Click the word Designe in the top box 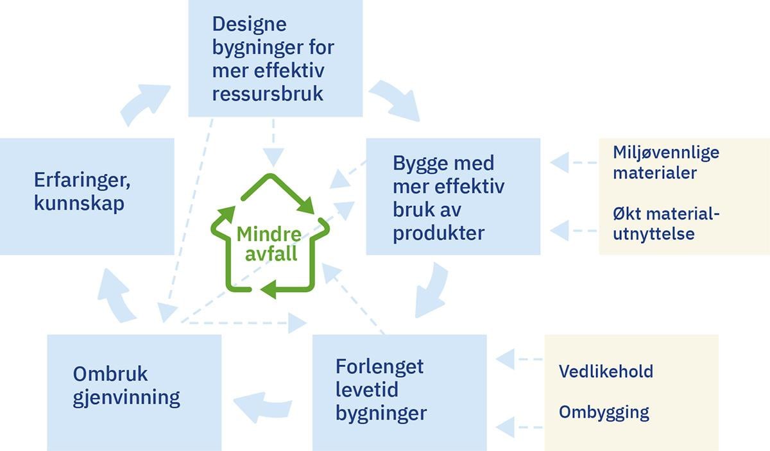(249, 26)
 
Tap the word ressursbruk (268, 94)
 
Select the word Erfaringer (83, 180)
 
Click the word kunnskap (79, 204)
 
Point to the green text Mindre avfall (268, 243)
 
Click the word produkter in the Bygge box (438, 233)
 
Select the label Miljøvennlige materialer (665, 162)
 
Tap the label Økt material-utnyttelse (665, 223)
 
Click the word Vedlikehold (605, 371)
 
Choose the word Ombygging (603, 411)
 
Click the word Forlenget (379, 366)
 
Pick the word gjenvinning (126, 397)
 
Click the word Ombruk (110, 373)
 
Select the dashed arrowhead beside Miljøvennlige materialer (560, 163)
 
